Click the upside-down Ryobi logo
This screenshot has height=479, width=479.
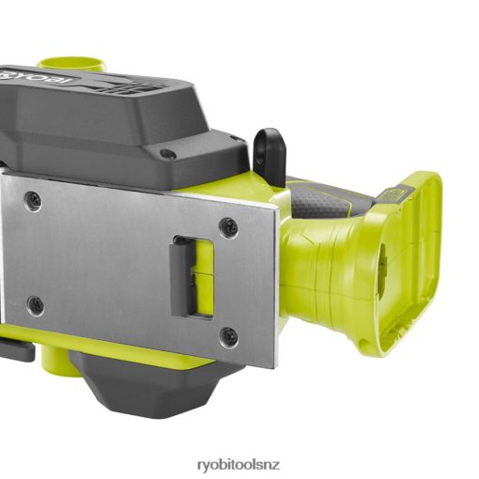tap(37, 78)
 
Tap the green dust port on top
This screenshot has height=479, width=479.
tap(72, 64)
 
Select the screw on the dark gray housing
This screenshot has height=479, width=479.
tap(167, 153)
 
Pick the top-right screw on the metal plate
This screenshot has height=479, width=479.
tap(228, 224)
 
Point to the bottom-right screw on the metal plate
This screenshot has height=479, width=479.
tap(228, 335)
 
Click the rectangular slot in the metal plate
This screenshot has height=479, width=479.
tap(192, 276)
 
